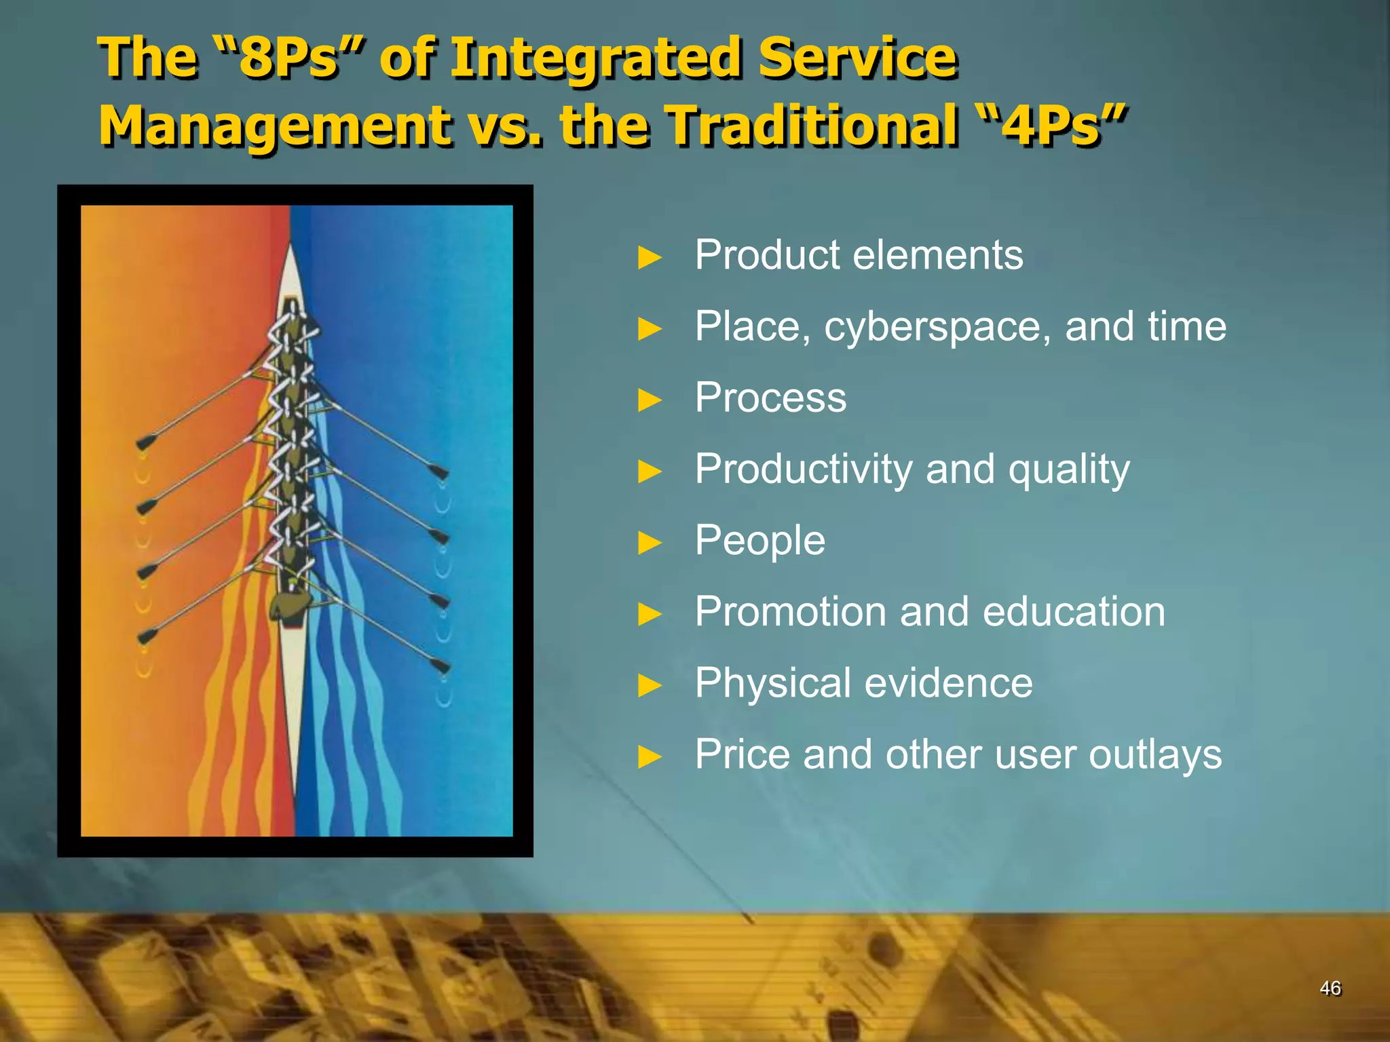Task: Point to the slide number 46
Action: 1330,988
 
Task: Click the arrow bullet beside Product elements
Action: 650,258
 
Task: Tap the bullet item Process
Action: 770,398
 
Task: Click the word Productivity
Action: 804,469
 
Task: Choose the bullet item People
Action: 759,541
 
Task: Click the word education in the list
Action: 1074,612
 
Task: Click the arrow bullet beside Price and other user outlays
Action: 650,756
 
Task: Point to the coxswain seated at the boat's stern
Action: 288,606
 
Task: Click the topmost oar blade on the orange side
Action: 145,442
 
